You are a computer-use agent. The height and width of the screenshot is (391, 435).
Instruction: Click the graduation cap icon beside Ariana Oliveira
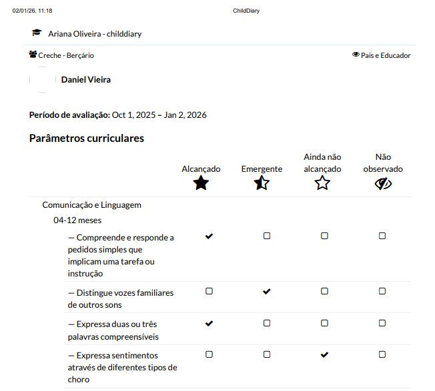pos(37,33)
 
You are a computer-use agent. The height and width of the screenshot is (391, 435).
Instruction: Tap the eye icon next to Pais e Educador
pos(356,55)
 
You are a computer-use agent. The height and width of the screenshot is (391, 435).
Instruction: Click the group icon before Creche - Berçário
pos(33,55)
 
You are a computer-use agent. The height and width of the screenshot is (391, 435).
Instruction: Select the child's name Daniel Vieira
pos(85,80)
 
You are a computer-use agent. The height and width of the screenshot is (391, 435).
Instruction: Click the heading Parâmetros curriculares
pos(87,139)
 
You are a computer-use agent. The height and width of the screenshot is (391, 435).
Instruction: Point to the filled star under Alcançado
pos(201,184)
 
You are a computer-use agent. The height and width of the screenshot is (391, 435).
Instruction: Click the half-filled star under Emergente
pos(262,184)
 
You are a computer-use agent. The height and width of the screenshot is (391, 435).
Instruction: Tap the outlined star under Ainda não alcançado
pos(322,184)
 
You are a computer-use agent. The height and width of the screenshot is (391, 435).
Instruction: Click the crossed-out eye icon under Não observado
pos(383,184)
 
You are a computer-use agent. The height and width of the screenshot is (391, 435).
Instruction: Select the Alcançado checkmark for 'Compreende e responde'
pos(209,236)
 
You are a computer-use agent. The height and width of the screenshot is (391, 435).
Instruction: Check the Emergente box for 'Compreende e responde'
pos(267,236)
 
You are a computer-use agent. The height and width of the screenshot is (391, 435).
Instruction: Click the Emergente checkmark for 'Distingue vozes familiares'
pos(267,292)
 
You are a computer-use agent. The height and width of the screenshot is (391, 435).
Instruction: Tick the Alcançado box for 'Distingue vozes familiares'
pos(209,292)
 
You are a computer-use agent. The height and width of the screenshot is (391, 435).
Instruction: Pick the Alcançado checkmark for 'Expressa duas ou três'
pos(209,323)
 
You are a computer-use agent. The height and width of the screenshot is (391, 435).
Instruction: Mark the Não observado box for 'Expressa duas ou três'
pos(382,323)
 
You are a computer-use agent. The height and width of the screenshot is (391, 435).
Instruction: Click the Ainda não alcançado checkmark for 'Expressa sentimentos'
pos(324,355)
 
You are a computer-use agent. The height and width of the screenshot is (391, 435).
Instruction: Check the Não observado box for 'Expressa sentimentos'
pos(382,355)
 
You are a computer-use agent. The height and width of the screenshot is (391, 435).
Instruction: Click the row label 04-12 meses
pos(77,220)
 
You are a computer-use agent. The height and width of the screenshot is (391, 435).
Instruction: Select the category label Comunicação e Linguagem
pos(91,205)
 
